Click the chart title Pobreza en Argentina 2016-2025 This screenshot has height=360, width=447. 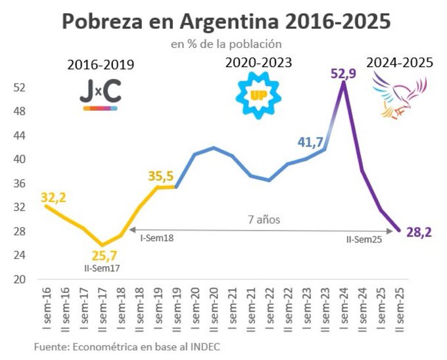pyautogui.click(x=226, y=22)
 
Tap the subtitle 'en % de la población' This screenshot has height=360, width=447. pyautogui.click(x=226, y=45)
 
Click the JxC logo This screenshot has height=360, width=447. pyautogui.click(x=101, y=95)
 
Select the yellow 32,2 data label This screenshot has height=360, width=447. pyautogui.click(x=54, y=196)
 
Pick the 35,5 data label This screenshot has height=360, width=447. pyautogui.click(x=160, y=176)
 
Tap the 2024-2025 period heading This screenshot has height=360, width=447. pyautogui.click(x=400, y=63)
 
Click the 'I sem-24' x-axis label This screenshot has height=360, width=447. pyautogui.click(x=343, y=309)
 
